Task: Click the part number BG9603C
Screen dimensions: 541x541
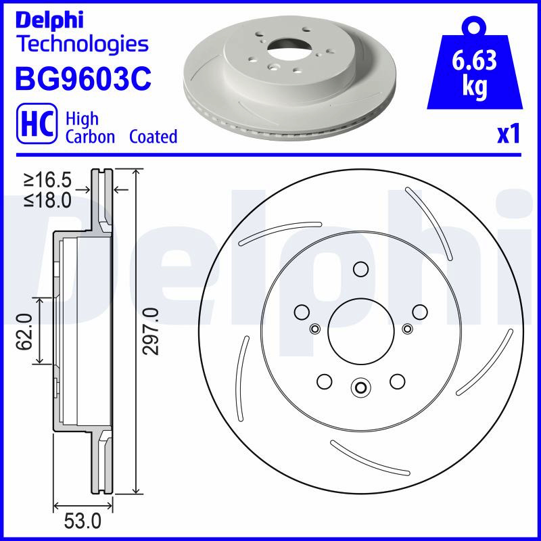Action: [83, 78]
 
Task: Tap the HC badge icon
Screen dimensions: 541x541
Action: [37, 124]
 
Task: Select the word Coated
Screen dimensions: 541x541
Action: [154, 137]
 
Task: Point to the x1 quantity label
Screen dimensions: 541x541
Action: [509, 134]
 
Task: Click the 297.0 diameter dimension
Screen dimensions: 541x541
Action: [151, 331]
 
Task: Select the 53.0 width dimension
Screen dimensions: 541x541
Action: [83, 521]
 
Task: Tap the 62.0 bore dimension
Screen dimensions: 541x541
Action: [24, 331]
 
